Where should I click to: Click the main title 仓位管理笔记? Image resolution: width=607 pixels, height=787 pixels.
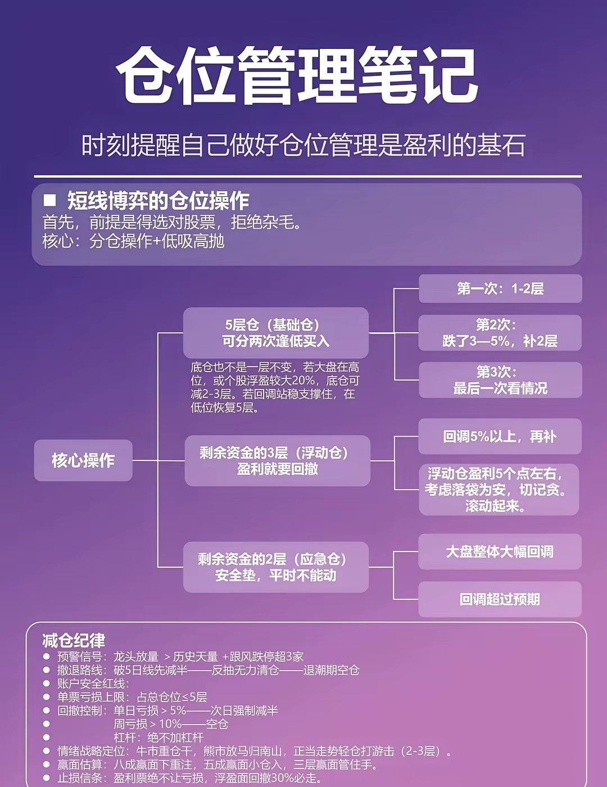(x=297, y=76)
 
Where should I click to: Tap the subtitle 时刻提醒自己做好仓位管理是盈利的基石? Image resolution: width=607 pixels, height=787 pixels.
(x=303, y=145)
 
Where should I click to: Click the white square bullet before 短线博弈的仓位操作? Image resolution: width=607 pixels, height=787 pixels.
(x=50, y=200)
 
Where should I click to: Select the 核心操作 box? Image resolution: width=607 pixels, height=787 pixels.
(x=83, y=460)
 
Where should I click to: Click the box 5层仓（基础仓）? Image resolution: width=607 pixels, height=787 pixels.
(x=275, y=333)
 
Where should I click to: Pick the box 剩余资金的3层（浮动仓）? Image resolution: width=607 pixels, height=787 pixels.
(x=277, y=460)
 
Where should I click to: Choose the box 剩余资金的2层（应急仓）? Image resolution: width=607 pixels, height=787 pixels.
(x=275, y=567)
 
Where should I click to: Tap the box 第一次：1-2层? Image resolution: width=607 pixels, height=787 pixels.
(x=500, y=289)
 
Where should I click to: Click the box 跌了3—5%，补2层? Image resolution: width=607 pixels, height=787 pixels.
(x=500, y=333)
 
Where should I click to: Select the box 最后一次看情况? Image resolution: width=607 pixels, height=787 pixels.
(x=500, y=380)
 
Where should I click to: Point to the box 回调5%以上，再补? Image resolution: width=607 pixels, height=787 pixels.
(x=500, y=436)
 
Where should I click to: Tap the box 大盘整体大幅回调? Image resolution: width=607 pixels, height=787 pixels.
(x=500, y=551)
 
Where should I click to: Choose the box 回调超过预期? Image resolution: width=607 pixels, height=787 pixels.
(x=500, y=599)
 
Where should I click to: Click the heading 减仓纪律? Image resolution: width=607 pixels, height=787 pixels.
(x=74, y=640)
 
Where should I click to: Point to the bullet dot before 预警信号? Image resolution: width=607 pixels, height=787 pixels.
(x=46, y=656)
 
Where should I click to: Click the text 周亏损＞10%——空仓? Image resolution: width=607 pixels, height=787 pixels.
(x=171, y=724)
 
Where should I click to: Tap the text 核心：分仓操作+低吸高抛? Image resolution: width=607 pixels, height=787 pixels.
(x=134, y=241)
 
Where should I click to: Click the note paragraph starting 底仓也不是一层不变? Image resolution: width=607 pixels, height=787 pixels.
(x=275, y=387)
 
